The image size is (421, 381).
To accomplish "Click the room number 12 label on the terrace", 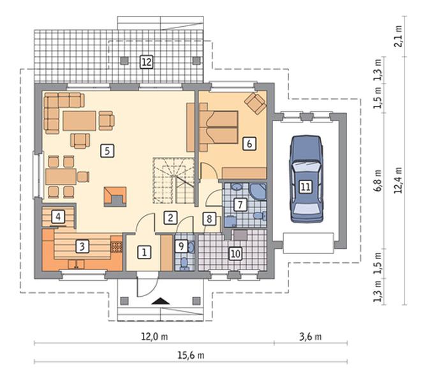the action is [x=147, y=62].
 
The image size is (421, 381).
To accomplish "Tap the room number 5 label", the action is [x=107, y=151].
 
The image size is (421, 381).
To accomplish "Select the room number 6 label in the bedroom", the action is [x=249, y=144].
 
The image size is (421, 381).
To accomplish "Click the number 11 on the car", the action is [x=306, y=186].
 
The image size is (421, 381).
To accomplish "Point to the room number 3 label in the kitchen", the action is [x=82, y=246].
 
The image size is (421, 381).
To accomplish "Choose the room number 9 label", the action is [x=182, y=246].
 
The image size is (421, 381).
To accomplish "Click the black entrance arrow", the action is [x=161, y=301].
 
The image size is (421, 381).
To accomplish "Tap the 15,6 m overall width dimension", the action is [x=191, y=355].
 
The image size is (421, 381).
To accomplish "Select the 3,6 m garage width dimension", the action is [x=311, y=336].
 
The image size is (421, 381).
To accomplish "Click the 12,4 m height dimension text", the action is [x=398, y=180].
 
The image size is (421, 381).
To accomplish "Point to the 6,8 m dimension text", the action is [x=378, y=180].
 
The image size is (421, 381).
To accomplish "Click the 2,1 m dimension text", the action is [x=398, y=36].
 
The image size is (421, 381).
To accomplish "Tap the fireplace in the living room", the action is [x=115, y=197].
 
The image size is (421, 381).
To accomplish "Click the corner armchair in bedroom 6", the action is [x=255, y=103].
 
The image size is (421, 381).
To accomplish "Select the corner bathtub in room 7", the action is [x=258, y=191].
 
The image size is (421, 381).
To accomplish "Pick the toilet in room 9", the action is [x=184, y=264].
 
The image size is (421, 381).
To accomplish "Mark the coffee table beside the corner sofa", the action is [x=80, y=121].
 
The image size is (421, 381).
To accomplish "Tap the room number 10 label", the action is [x=235, y=253].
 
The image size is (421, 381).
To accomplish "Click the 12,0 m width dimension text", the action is [x=154, y=336].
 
